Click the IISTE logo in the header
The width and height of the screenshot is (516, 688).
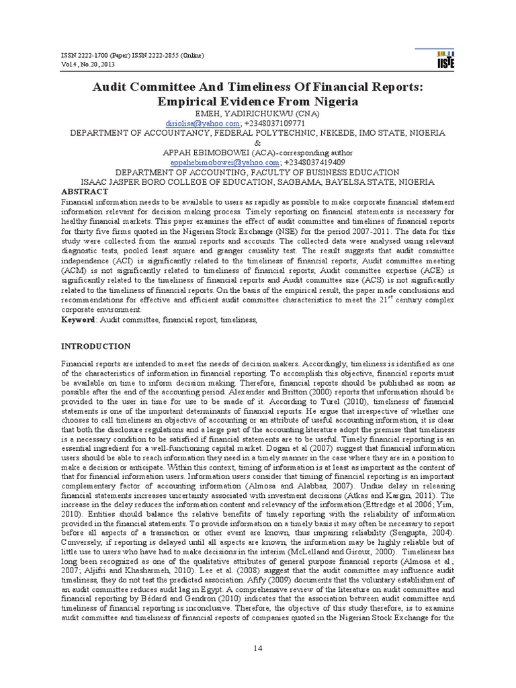[445, 59]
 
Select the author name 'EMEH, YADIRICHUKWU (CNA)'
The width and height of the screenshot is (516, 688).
[258, 114]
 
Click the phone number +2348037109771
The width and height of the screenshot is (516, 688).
[275, 124]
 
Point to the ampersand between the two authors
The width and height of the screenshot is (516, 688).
[258, 143]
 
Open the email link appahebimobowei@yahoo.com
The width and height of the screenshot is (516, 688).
[225, 162]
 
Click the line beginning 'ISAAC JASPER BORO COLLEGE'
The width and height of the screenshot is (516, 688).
[258, 181]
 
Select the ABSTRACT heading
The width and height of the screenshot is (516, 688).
[85, 191]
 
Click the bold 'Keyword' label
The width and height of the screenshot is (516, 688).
[78, 321]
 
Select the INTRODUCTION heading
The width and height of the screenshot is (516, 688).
[96, 347]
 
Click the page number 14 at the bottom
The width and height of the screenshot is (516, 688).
[257, 647]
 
